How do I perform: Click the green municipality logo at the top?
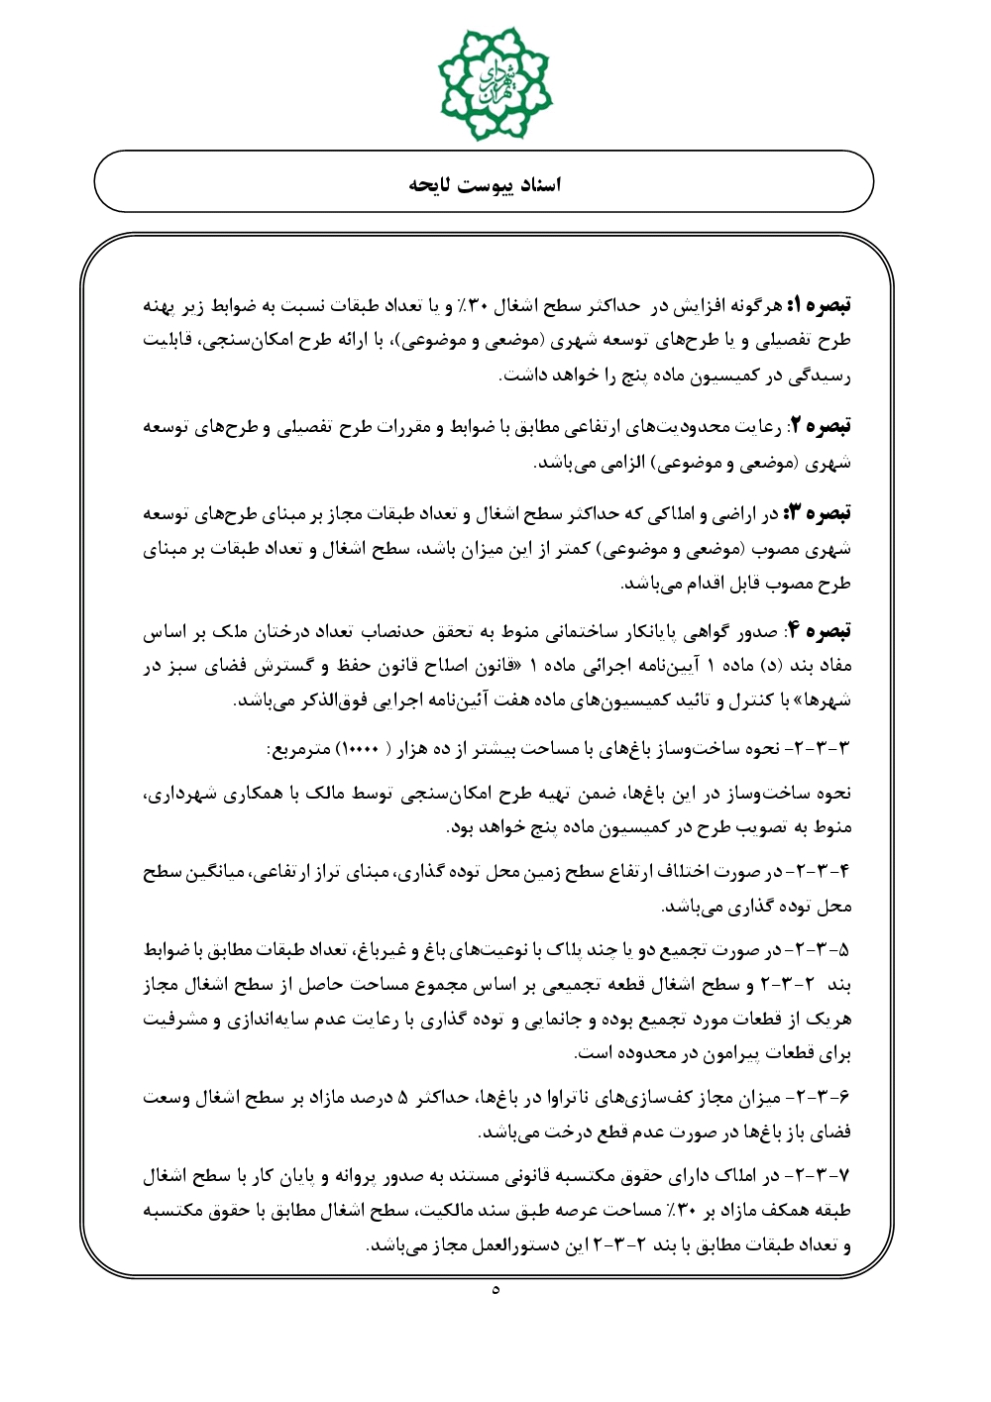pos(495,83)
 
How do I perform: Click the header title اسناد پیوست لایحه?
pos(485,184)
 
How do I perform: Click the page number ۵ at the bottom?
pos(495,1290)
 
